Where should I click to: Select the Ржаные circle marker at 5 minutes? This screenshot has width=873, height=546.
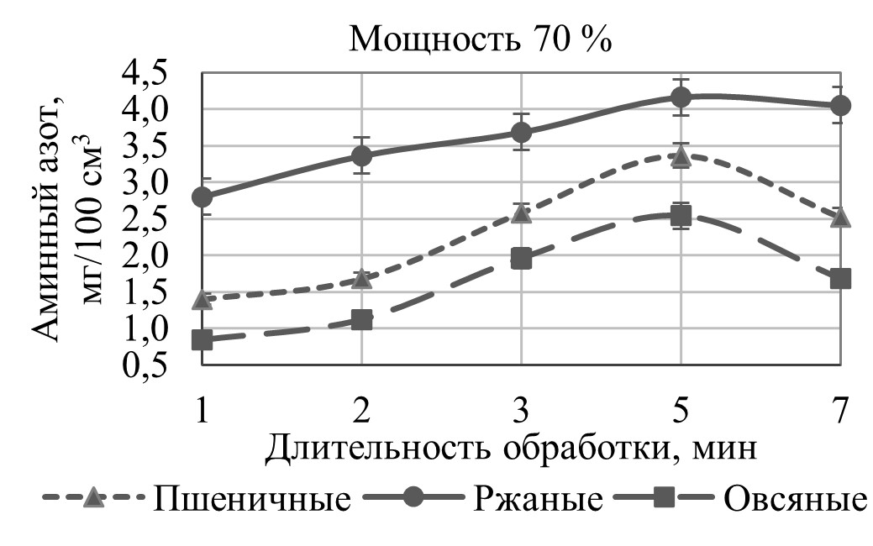pos(681,97)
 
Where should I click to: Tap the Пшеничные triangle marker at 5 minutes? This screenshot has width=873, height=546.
pos(681,156)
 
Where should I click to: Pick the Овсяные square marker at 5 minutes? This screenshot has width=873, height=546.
pos(681,216)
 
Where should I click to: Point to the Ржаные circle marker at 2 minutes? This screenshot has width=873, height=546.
pos(361,155)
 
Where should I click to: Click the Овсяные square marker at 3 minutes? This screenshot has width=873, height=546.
pos(521,258)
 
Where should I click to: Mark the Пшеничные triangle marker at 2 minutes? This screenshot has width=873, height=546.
pos(361,278)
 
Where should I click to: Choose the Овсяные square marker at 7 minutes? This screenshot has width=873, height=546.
pos(840,278)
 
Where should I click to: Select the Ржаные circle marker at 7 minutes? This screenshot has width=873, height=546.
pos(840,105)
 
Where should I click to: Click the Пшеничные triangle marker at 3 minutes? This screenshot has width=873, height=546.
pos(521,214)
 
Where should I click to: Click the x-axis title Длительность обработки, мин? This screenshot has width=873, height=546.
pos(513,449)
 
